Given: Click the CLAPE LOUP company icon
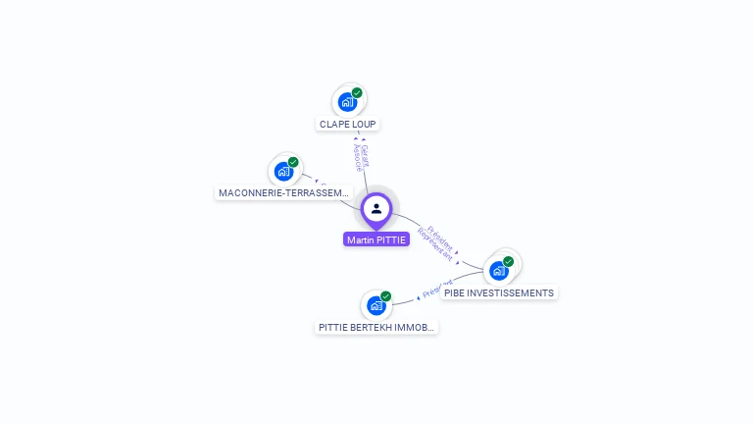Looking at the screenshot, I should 346,102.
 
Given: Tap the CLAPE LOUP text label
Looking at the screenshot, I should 347,125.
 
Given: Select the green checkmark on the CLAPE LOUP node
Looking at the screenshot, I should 357,93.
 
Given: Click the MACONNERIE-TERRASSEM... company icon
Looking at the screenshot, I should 283,172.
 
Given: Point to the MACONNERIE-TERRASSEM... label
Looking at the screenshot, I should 283,193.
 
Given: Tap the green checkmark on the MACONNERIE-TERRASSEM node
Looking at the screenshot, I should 293,163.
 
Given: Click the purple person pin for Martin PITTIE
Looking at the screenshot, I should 376,210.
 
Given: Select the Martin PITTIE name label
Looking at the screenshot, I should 376,239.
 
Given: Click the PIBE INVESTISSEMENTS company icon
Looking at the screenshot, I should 498,270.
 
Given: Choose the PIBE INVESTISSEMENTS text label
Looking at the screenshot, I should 498,292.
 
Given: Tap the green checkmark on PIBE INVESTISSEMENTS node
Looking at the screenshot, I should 508,262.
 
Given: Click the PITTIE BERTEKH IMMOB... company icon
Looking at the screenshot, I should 376,305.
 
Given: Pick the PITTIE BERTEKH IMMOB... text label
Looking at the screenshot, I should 376,327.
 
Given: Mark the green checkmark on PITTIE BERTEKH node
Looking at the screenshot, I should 386,296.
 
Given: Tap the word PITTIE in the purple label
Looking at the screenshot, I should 390,239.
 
